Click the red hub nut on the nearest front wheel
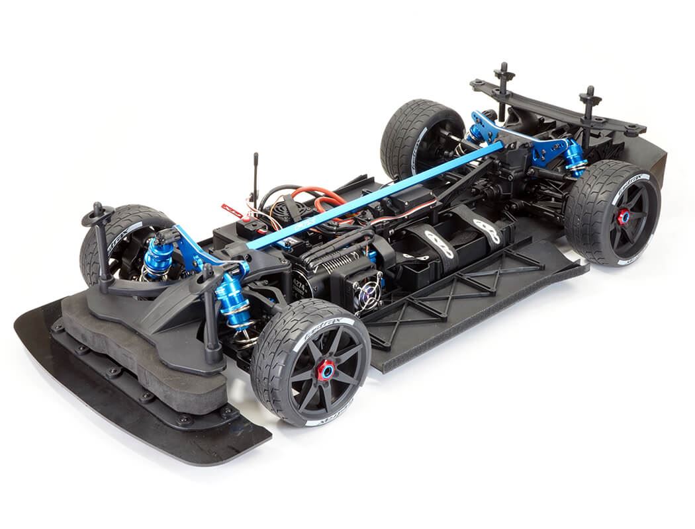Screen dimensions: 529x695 (x=325, y=371)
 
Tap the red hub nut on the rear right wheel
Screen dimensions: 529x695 (x=623, y=216)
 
